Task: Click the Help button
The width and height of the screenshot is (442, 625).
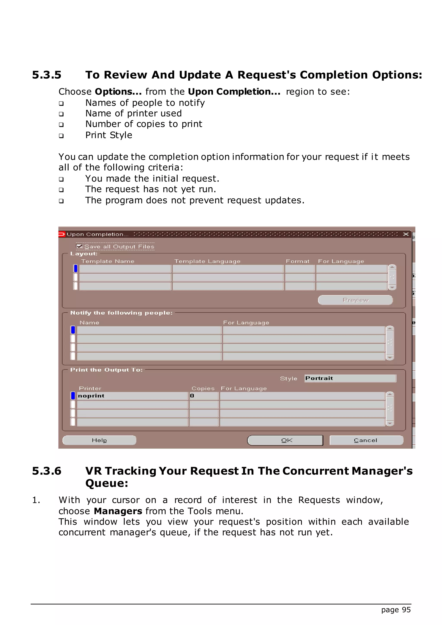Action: tap(99, 440)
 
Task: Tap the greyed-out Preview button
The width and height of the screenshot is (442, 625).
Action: tap(355, 300)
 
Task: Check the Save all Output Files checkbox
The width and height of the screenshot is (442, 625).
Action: tap(79, 246)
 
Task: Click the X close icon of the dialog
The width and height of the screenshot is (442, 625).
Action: tap(406, 234)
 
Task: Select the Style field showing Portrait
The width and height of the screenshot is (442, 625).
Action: tap(350, 378)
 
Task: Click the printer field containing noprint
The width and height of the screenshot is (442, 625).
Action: tap(132, 396)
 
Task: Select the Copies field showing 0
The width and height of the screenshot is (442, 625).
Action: tap(204, 396)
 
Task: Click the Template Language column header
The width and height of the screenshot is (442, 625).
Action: tap(207, 261)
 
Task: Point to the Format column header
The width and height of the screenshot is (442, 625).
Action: tap(297, 261)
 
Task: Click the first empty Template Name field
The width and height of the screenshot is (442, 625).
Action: tap(125, 269)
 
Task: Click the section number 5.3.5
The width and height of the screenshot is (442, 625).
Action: tap(47, 75)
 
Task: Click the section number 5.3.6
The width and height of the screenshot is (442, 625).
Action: tap(47, 471)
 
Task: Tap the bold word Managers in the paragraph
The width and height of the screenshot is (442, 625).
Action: tap(118, 511)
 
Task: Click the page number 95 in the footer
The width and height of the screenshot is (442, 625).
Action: tap(406, 609)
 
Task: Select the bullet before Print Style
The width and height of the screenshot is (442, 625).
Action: tap(61, 136)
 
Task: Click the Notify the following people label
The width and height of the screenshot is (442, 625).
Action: tap(121, 313)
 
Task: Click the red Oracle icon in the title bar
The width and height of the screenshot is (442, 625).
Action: tap(62, 234)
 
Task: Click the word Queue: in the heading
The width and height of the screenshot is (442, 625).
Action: tap(107, 483)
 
